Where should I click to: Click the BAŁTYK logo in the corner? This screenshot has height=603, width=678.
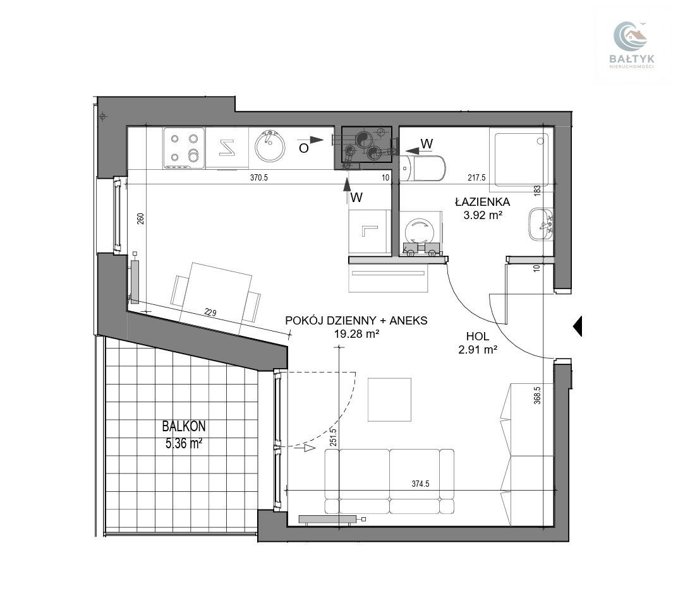(x=631, y=45)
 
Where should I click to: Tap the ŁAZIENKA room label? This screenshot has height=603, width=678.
(x=482, y=201)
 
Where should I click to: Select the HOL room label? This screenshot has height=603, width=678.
(x=477, y=336)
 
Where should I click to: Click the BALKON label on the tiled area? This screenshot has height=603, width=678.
(x=184, y=426)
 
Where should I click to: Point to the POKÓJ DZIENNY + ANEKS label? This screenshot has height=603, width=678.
(x=356, y=321)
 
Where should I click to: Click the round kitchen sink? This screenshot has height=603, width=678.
(x=270, y=146)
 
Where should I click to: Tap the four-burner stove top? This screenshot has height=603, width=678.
(x=184, y=148)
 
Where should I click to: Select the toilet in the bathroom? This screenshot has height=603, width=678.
(x=423, y=168)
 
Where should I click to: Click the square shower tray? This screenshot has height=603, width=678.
(x=521, y=159)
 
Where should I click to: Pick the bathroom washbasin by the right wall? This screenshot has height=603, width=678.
(x=540, y=224)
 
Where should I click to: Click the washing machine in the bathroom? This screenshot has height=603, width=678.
(x=420, y=233)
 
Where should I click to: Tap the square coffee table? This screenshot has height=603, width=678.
(x=389, y=400)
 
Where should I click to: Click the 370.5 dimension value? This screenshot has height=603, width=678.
(x=259, y=177)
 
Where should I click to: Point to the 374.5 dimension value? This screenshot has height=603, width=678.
(x=420, y=484)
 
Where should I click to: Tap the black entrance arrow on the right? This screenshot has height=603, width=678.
(x=578, y=326)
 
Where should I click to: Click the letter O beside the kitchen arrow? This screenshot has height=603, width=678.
(x=303, y=148)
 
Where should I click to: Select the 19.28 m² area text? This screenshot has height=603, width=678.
(x=357, y=333)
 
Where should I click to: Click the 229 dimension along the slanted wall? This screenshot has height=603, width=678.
(x=210, y=313)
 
